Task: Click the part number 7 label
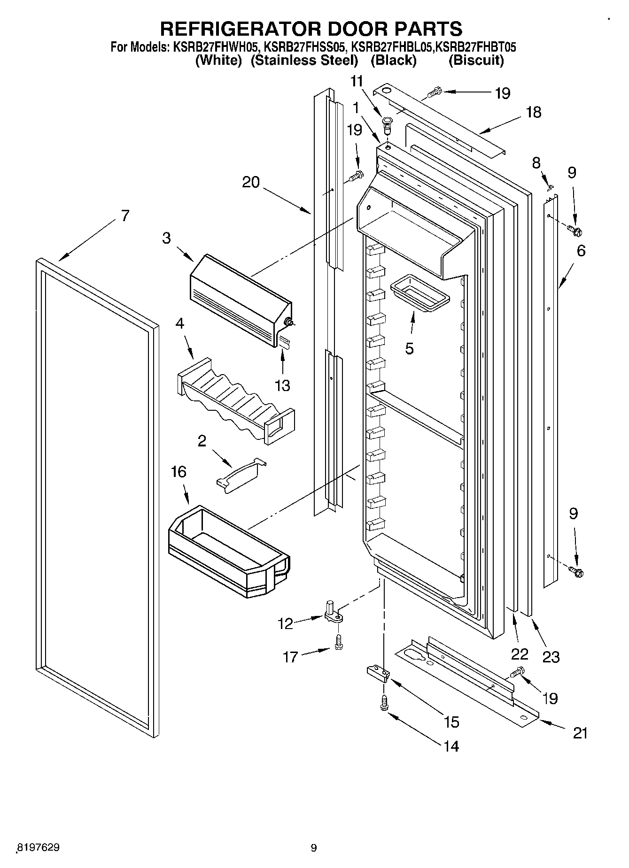[x=124, y=216]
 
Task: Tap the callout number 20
[x=251, y=182]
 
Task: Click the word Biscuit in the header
[x=476, y=61]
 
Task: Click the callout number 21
[x=580, y=733]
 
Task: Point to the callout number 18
[x=534, y=112]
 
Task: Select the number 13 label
[x=283, y=386]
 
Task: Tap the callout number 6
[x=581, y=251]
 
